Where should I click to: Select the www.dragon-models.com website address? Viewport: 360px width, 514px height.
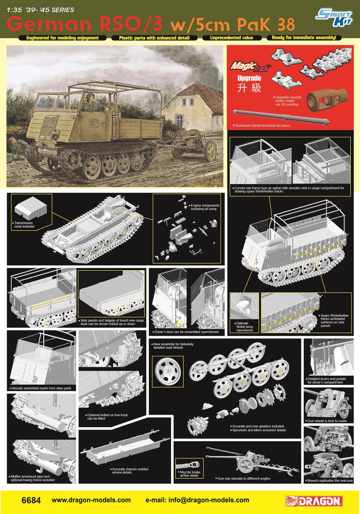91,500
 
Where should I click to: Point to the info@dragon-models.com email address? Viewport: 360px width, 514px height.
198,500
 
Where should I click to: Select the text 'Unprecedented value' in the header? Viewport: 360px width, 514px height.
231,38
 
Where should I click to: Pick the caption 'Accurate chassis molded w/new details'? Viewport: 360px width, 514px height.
130,471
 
